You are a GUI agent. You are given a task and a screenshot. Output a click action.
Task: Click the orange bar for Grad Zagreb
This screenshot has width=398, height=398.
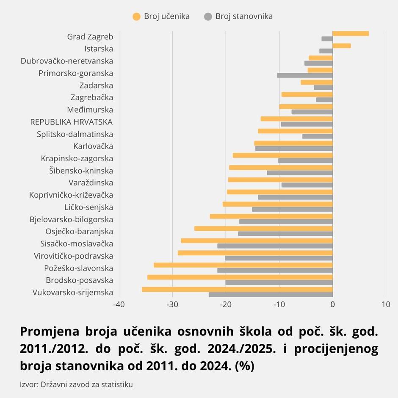351,33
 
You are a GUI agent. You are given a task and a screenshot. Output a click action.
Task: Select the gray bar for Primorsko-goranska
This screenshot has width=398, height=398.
305,75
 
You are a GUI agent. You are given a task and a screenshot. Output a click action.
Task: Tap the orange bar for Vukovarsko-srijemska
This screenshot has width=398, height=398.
237,289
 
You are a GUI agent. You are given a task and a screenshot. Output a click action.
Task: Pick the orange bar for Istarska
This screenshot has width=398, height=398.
342,46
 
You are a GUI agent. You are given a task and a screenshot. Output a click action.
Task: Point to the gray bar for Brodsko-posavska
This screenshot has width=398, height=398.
279,282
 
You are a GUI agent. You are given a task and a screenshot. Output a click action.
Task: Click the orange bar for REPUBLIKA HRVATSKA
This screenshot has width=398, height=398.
296,119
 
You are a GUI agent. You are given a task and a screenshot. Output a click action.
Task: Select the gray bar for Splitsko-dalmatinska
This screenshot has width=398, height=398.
317,136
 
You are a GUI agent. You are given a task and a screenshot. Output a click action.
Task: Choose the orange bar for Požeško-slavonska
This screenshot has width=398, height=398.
243,265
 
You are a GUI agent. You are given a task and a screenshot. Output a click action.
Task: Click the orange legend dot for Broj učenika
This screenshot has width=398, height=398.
137,17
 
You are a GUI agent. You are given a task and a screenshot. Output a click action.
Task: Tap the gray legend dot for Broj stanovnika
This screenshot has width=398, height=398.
208,17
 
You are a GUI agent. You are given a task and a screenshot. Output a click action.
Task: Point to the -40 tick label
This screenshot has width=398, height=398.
119,304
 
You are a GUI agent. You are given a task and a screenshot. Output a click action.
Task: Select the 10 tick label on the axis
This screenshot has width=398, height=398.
386,304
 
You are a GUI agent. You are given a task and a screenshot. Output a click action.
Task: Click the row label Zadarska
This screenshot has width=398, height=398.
96,86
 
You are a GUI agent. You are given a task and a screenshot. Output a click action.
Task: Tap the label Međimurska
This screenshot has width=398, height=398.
90,110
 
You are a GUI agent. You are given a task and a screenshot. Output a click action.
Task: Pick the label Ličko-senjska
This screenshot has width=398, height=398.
88,207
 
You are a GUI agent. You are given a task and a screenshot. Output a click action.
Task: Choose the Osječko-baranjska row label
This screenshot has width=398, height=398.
79,232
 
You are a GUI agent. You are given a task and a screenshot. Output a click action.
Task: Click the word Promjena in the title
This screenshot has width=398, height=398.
50,332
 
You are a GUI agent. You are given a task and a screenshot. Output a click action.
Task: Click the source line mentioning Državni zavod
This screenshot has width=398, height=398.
76,384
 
